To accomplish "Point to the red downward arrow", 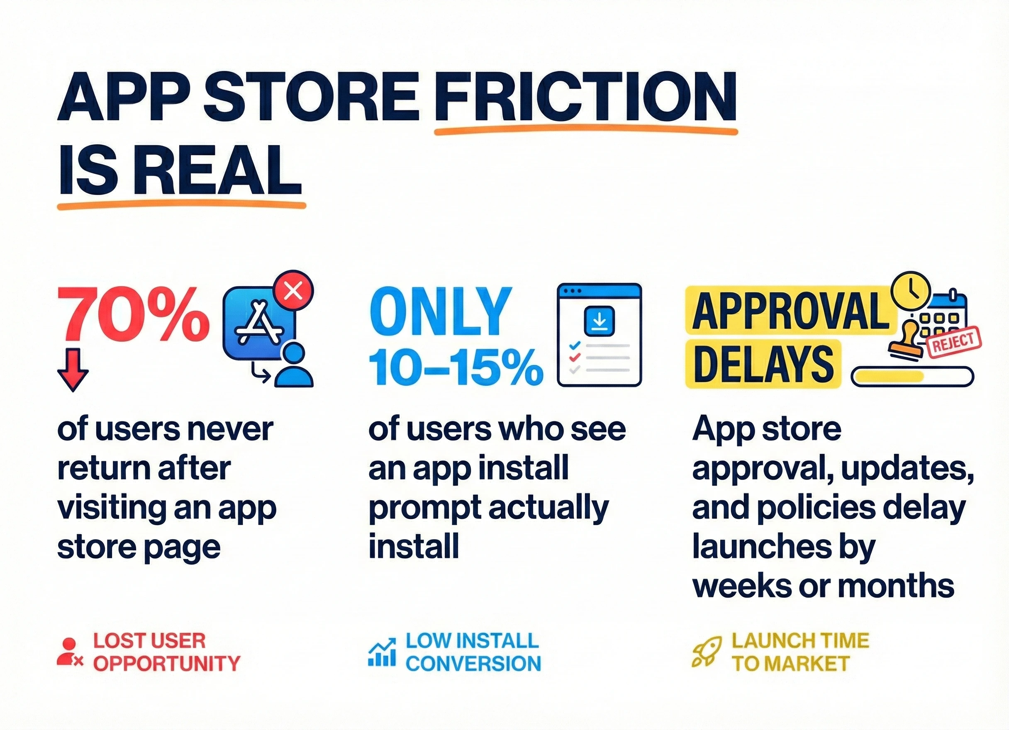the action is click(x=73, y=370).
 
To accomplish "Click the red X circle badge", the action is click(x=294, y=291).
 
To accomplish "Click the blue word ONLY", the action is click(x=440, y=312).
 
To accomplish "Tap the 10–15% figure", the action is click(x=456, y=367).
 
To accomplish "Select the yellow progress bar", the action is click(x=912, y=376).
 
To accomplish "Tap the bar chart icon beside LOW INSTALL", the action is click(x=382, y=652).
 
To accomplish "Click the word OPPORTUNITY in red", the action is click(x=167, y=664).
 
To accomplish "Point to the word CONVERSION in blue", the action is click(x=473, y=664).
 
